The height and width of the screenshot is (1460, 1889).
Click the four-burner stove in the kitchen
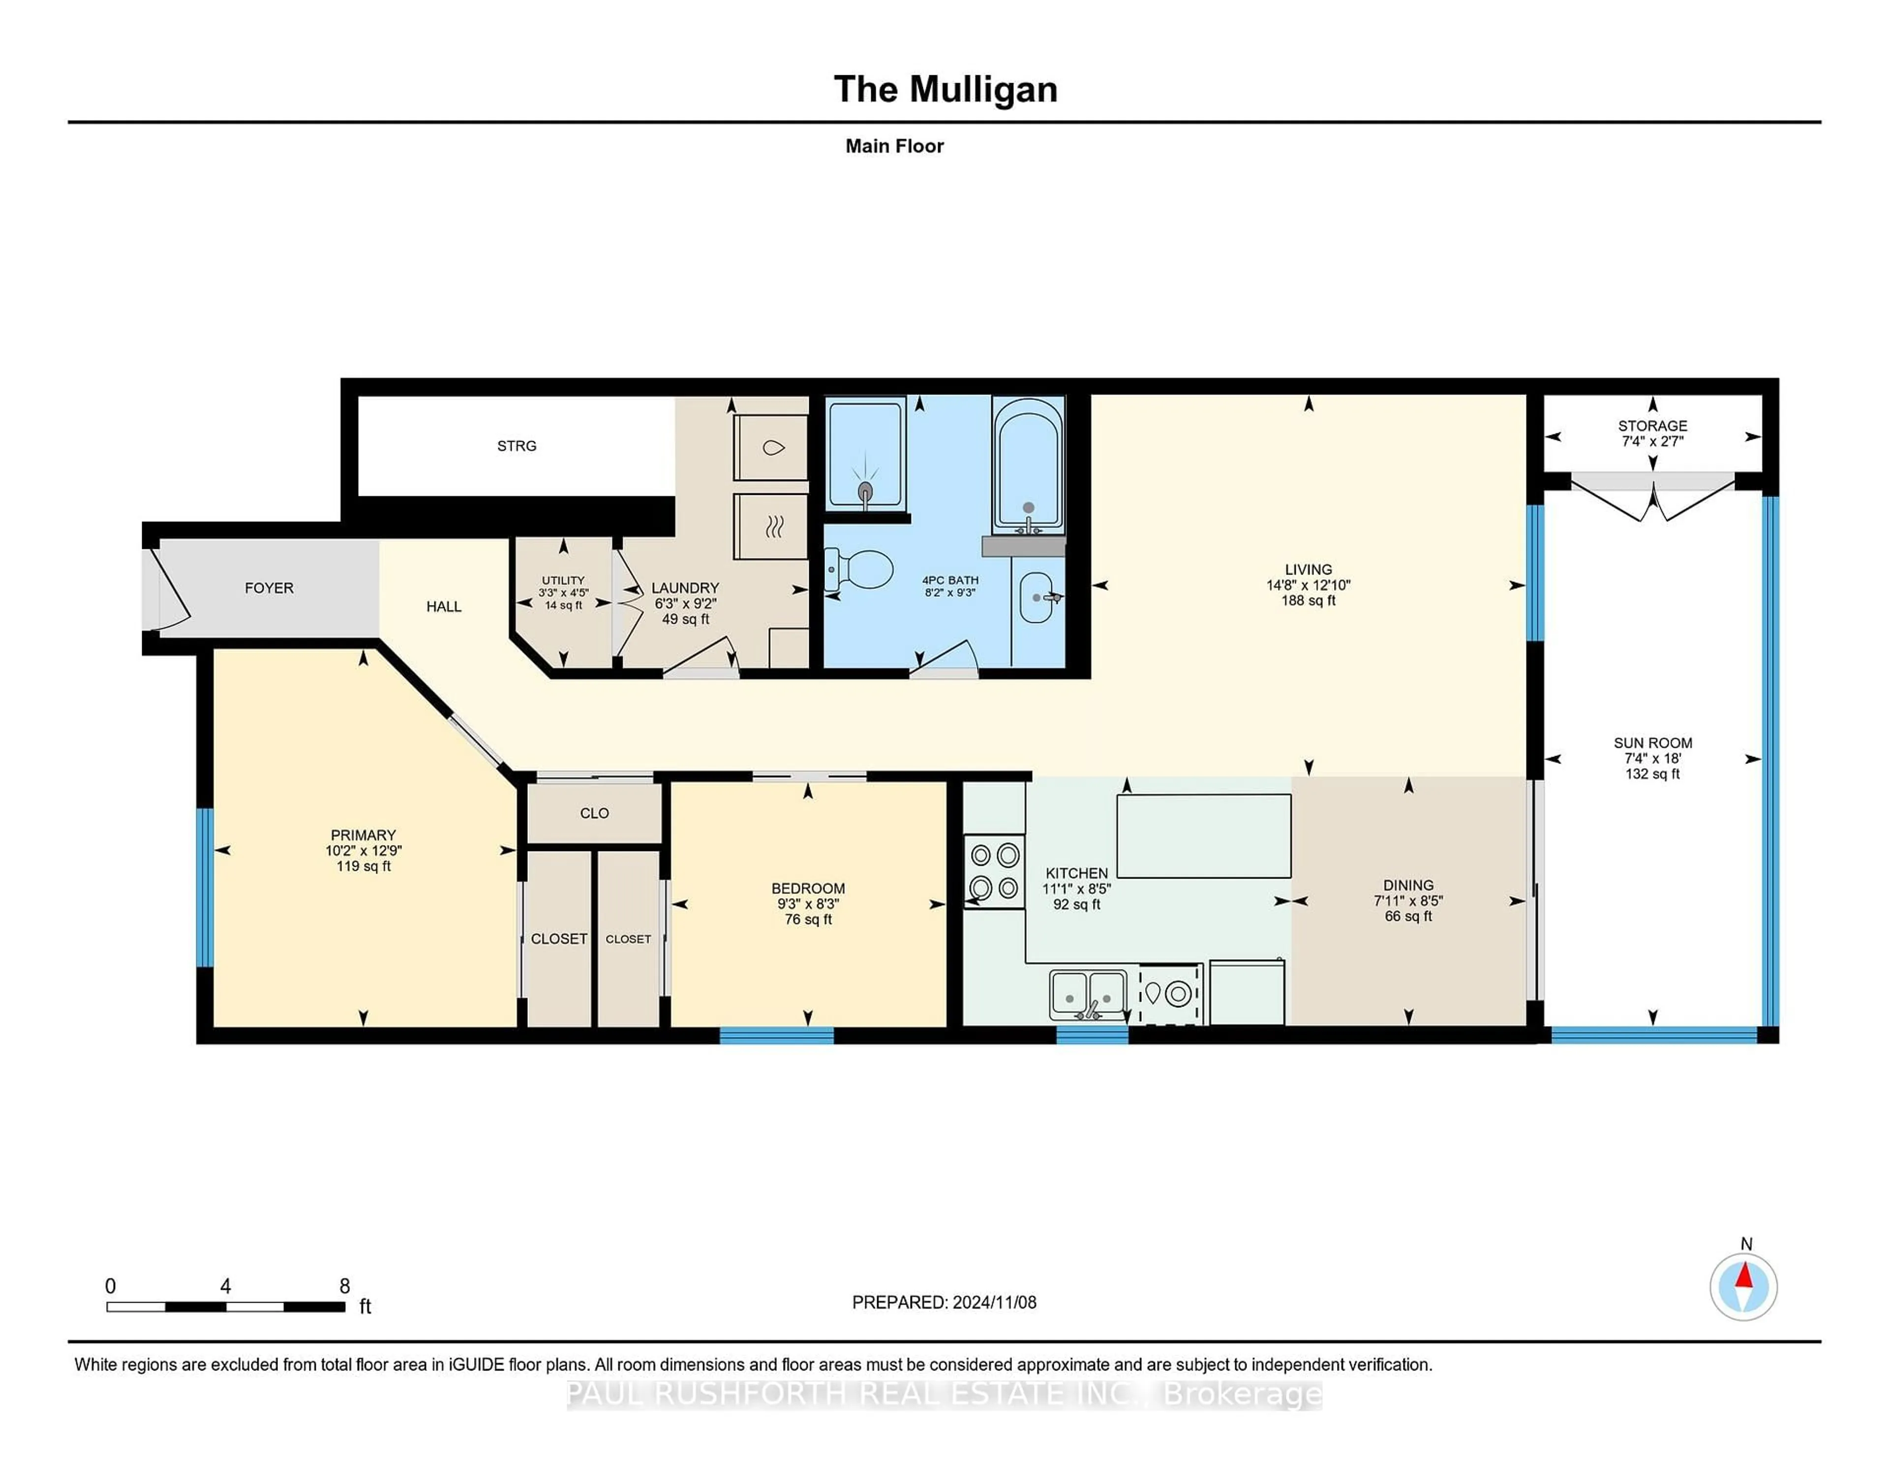(995, 871)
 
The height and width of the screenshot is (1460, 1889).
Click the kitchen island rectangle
(1203, 836)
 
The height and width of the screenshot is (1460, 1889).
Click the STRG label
(517, 446)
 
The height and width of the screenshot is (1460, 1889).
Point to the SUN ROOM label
(1652, 743)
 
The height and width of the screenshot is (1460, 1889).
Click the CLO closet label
(594, 813)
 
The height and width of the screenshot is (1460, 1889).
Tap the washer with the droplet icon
(771, 447)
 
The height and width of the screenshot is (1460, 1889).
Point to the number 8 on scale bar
(344, 1286)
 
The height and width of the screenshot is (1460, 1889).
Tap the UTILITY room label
(563, 580)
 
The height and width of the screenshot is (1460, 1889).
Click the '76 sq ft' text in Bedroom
(808, 919)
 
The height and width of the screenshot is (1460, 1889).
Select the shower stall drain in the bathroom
(865, 491)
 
